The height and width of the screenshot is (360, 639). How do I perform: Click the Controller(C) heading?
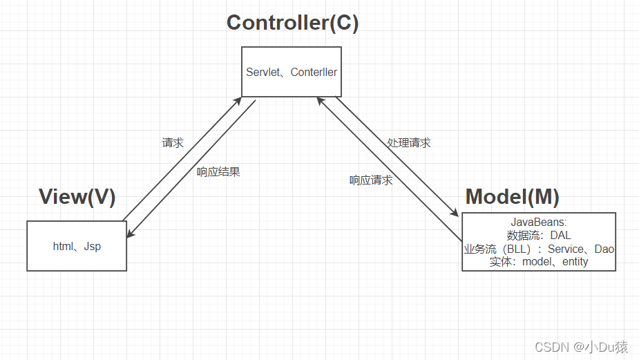292,23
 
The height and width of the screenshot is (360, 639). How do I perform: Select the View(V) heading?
77,197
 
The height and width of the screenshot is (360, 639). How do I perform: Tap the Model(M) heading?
512,197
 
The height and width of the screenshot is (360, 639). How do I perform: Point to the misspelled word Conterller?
314,72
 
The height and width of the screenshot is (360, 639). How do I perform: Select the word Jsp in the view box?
93,246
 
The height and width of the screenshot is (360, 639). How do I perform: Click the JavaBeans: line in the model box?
539,222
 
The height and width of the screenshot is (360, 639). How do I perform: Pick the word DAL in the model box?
560,236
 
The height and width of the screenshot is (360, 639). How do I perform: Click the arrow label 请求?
173,143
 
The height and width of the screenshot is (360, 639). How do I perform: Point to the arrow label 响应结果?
218,172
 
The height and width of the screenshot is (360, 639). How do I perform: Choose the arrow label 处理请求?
409,142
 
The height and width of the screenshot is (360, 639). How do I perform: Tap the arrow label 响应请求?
371,180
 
